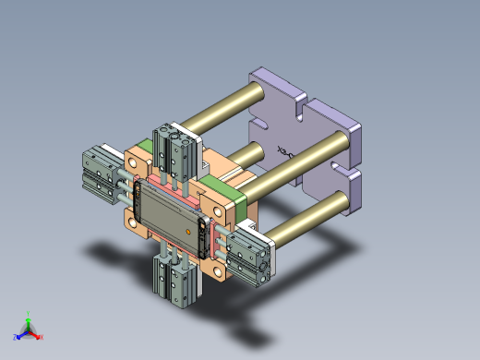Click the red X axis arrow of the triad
[x=38, y=336]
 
